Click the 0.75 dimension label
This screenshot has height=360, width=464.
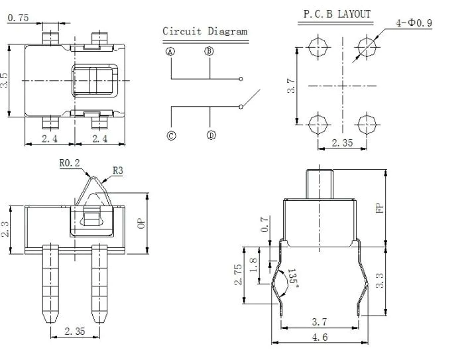pyautogui.click(x=18, y=18)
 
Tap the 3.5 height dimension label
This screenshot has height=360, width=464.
pyautogui.click(x=4, y=80)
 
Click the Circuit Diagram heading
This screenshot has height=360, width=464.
pyautogui.click(x=205, y=31)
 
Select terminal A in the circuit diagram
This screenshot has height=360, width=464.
pyautogui.click(x=170, y=52)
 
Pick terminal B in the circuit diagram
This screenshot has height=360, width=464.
pyautogui.click(x=209, y=51)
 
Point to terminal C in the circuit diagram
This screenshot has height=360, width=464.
pyautogui.click(x=171, y=136)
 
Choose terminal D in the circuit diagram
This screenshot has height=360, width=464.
pyautogui.click(x=211, y=135)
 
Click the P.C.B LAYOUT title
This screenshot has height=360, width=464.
pyautogui.click(x=337, y=14)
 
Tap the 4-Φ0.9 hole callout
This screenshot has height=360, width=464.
pyautogui.click(x=414, y=23)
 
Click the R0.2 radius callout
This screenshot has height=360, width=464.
pyautogui.click(x=70, y=163)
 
